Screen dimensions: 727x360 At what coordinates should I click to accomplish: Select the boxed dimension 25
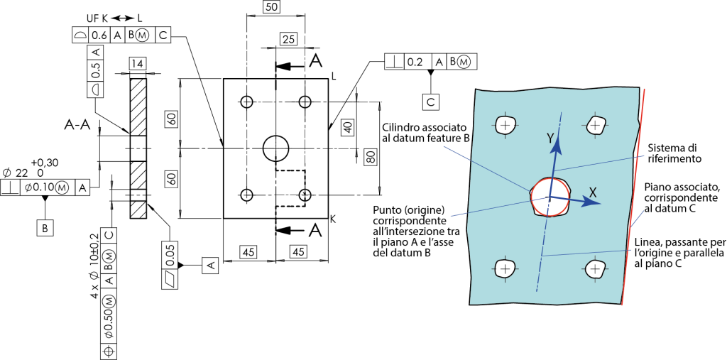[288, 40]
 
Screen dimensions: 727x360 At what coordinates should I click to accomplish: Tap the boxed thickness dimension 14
[136, 64]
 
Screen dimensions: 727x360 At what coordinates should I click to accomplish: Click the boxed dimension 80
[370, 157]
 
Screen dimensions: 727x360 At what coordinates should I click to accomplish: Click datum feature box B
[45, 228]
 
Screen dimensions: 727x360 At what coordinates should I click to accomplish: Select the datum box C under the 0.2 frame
[431, 102]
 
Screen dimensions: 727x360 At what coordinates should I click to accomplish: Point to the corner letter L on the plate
[334, 79]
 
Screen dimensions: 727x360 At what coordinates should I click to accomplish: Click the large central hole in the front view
[276, 148]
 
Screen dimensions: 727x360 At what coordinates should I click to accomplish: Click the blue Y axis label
[550, 138]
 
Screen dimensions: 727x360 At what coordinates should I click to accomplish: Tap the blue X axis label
[593, 192]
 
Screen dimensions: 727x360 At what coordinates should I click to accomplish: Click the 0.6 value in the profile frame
[99, 35]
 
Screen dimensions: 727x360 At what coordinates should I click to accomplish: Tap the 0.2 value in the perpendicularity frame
[414, 62]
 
